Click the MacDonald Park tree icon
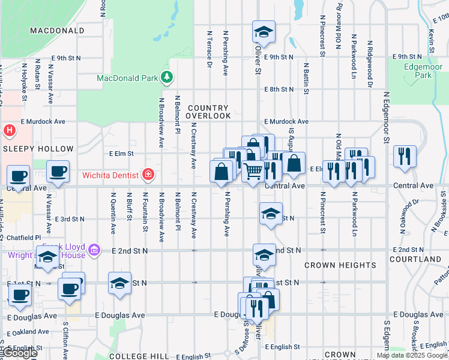(167, 78)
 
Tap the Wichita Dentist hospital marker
(148, 176)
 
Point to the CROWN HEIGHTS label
(340, 265)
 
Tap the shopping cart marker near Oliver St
(253, 172)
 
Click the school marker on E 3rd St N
(271, 214)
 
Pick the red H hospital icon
(10, 130)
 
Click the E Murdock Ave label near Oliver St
(286, 121)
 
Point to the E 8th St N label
(279, 89)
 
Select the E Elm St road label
(121, 154)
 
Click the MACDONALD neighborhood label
(56, 30)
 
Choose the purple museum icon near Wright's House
(93, 250)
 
